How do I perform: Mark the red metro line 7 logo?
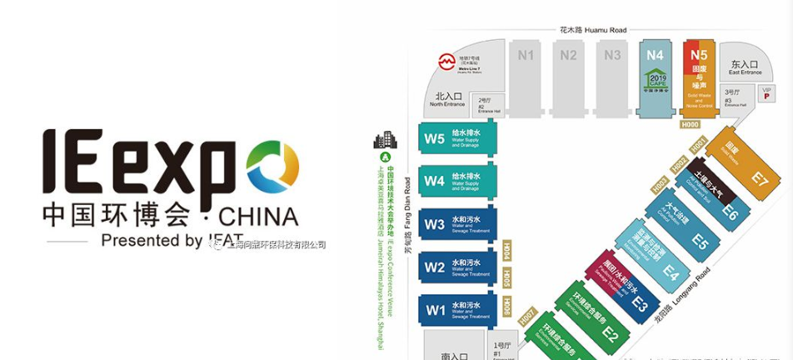pos(447,62)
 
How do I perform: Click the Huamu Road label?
pos(592,30)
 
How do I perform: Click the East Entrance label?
pos(745,67)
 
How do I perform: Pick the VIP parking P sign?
pos(768,94)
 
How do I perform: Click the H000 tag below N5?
pos(690,125)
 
